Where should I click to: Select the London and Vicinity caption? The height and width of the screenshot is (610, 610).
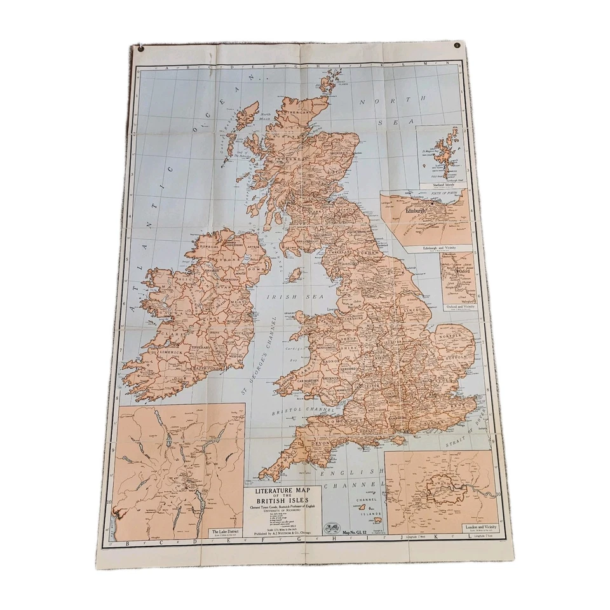480,527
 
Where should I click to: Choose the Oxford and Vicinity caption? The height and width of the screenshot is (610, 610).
460,306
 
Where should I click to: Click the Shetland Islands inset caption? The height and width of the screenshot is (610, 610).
443,185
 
